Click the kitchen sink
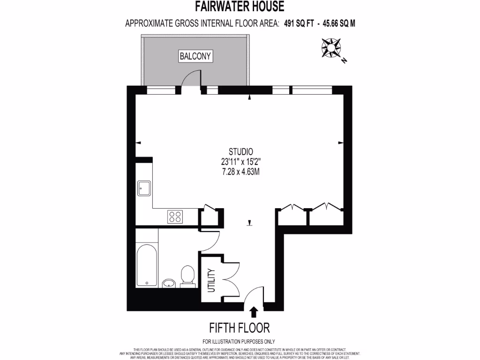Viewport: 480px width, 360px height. coord(143,188)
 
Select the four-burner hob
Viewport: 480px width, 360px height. coord(175,216)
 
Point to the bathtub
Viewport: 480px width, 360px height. coord(147,264)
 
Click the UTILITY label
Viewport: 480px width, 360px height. coord(211,280)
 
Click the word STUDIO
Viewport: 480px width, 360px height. coord(241,151)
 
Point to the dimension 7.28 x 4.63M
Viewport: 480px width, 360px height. coord(241,172)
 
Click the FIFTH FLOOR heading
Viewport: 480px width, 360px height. coord(240,327)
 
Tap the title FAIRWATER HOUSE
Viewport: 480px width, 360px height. coord(240,7)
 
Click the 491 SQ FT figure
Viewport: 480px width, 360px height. coord(299,22)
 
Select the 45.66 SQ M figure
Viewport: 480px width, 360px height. coord(338,22)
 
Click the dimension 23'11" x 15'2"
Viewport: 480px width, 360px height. coord(241,162)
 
